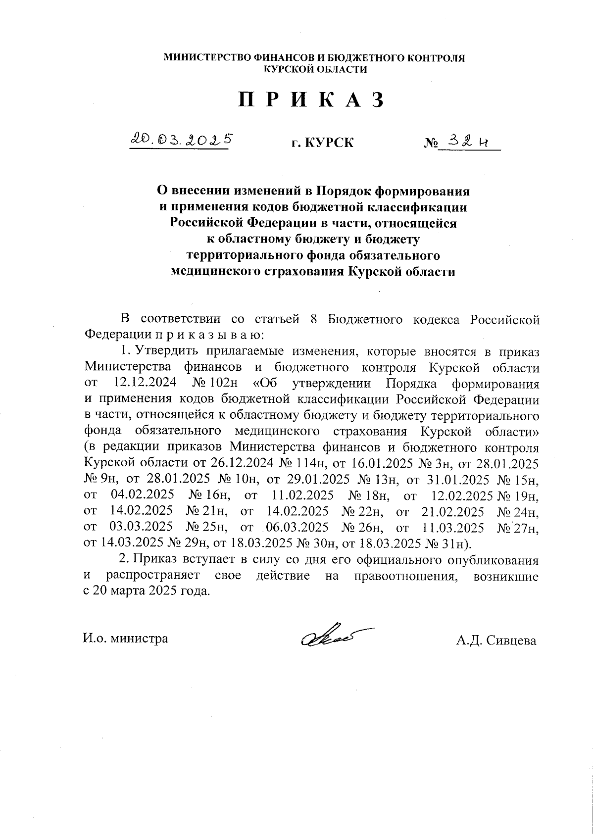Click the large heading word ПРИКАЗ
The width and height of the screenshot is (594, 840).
(x=311, y=100)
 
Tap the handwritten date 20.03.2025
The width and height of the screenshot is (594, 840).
(x=181, y=141)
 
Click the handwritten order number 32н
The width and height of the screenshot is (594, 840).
(x=468, y=142)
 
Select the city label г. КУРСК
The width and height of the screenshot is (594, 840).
(x=322, y=144)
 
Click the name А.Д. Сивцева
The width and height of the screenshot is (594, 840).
(x=496, y=641)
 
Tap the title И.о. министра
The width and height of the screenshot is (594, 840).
(x=126, y=639)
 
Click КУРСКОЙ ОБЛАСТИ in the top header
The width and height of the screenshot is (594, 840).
(x=315, y=70)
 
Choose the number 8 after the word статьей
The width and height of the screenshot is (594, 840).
(x=314, y=319)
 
